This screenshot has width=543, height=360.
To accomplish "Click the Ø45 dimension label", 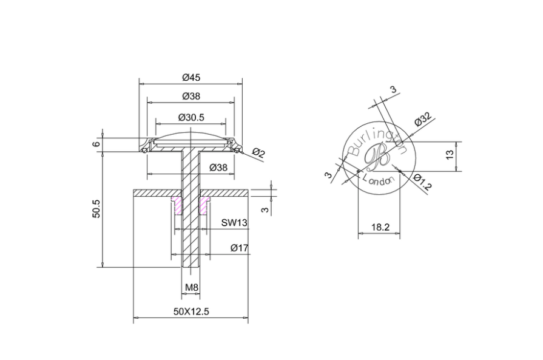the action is point(191,77).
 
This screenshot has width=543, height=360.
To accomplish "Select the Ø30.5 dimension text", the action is point(191,117).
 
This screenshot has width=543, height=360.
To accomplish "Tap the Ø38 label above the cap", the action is point(191,96).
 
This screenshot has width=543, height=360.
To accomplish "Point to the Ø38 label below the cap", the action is point(218,168).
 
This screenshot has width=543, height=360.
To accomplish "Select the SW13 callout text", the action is point(234,222).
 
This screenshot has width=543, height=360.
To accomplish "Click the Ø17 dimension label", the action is point(239,248).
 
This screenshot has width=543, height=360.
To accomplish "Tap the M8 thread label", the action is point(191,287).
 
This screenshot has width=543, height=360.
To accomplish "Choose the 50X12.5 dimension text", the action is point(191,311).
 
